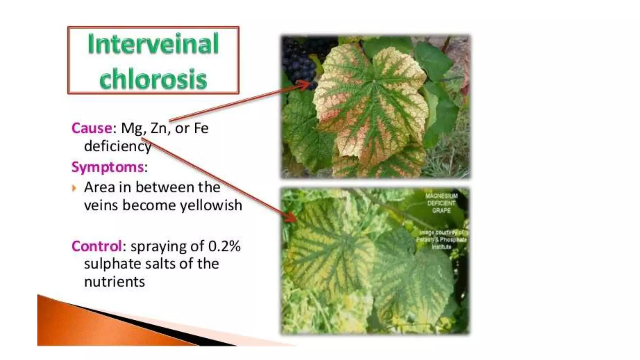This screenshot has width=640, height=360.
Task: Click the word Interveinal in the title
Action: [x=153, y=44]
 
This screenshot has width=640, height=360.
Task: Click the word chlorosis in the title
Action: [x=153, y=79]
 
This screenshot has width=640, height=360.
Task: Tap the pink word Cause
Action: [x=92, y=128]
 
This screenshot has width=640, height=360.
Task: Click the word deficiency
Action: [x=117, y=146]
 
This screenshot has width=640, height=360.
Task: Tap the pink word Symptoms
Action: [x=107, y=167]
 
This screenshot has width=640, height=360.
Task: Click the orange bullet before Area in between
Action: [x=74, y=188]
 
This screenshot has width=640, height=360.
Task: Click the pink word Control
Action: [x=96, y=246]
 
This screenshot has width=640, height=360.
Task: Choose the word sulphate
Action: [x=107, y=264]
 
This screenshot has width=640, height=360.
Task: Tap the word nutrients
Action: [x=114, y=282]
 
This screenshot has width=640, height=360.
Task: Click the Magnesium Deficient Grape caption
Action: [x=441, y=203]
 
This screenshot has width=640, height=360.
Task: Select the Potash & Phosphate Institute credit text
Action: [x=441, y=240]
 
